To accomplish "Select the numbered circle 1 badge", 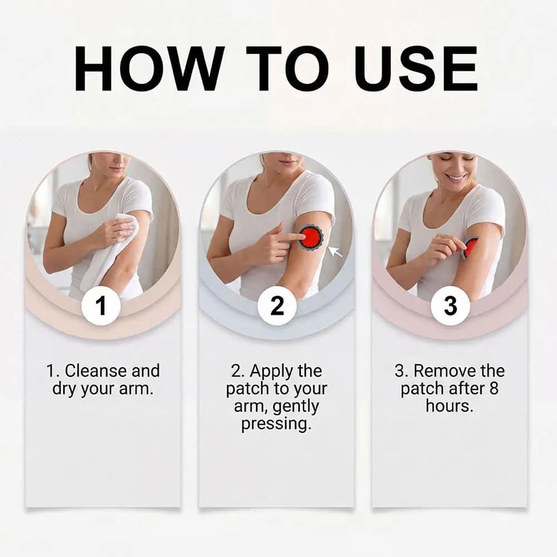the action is tap(101, 306).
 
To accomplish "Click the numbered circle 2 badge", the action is tap(277, 306).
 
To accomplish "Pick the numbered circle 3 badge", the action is tap(450, 306).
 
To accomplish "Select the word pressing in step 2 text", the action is tap(276, 424).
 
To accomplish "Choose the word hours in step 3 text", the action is tap(450, 406).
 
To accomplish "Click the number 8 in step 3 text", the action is tap(494, 388).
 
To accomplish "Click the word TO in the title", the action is tap(288, 68).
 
